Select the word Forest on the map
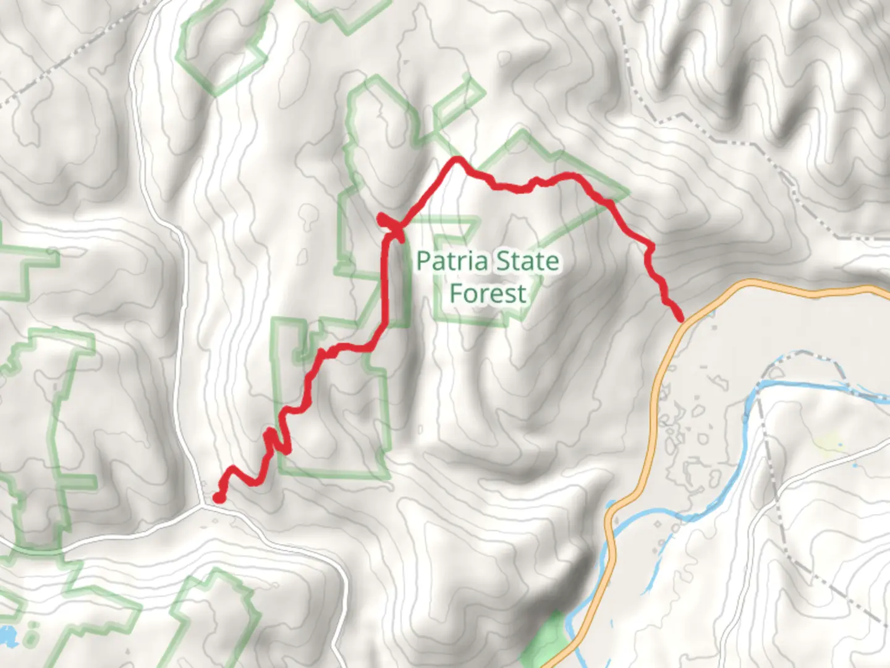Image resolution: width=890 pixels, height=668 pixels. coord(488,293)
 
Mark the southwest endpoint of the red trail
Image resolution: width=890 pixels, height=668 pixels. coord(218,497)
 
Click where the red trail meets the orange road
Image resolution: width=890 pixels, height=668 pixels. coord(681,319)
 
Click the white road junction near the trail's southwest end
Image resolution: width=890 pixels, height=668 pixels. coord(204,504)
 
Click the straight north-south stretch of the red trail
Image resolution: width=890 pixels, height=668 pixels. coord(386,278)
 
